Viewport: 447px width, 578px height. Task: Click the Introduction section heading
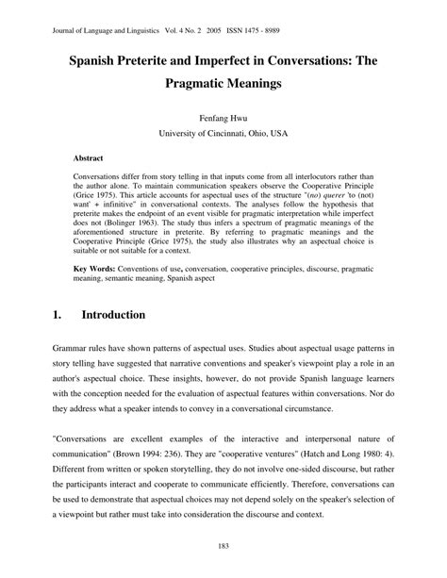113,314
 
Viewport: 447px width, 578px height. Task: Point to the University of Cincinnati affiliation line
223,135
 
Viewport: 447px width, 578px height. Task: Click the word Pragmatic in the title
179,86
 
